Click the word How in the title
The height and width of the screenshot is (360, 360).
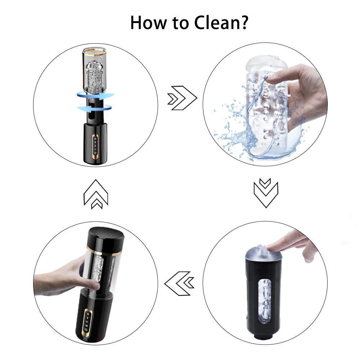(x=148, y=22)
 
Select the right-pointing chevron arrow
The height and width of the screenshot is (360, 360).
(x=182, y=98)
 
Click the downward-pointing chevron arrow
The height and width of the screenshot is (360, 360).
(x=266, y=193)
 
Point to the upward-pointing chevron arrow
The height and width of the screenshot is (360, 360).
(x=96, y=194)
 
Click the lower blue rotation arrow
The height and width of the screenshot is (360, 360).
(x=94, y=108)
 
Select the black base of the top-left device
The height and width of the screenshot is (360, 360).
(x=95, y=144)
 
